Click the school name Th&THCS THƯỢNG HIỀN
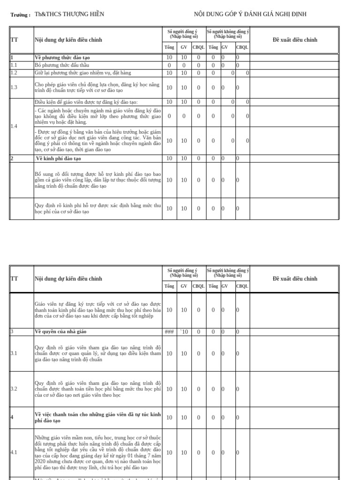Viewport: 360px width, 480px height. point(69,14)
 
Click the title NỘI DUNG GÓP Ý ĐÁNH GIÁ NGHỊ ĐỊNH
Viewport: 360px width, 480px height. point(250,14)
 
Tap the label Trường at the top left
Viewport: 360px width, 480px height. point(20,15)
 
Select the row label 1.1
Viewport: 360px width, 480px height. point(14,65)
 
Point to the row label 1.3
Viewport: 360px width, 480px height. point(14,88)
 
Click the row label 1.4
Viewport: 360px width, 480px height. point(14,127)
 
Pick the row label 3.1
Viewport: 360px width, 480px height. point(14,353)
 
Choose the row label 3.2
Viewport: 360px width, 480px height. point(14,389)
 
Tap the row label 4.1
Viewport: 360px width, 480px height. point(14,452)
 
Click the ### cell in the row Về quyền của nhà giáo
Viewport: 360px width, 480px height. point(169,332)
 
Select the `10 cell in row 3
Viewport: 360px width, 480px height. point(184,332)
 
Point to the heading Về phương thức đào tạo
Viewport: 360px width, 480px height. point(62,58)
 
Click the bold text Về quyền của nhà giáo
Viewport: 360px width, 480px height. point(60,332)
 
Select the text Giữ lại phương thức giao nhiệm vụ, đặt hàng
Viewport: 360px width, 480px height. point(83,73)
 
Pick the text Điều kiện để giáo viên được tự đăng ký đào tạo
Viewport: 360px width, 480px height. point(86,102)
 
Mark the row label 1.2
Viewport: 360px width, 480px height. point(14,73)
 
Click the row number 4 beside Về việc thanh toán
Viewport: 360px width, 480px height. point(12,417)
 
